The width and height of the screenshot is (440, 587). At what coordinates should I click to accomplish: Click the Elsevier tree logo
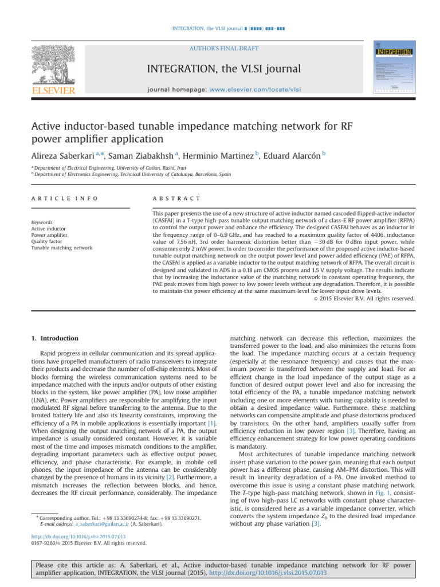tap(52, 64)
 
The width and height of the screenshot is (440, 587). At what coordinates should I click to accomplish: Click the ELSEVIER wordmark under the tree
tap(52, 90)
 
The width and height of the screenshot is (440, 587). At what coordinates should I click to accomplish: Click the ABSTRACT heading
tap(176, 198)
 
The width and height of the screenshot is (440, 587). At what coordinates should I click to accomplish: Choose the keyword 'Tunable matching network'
tap(61, 248)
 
